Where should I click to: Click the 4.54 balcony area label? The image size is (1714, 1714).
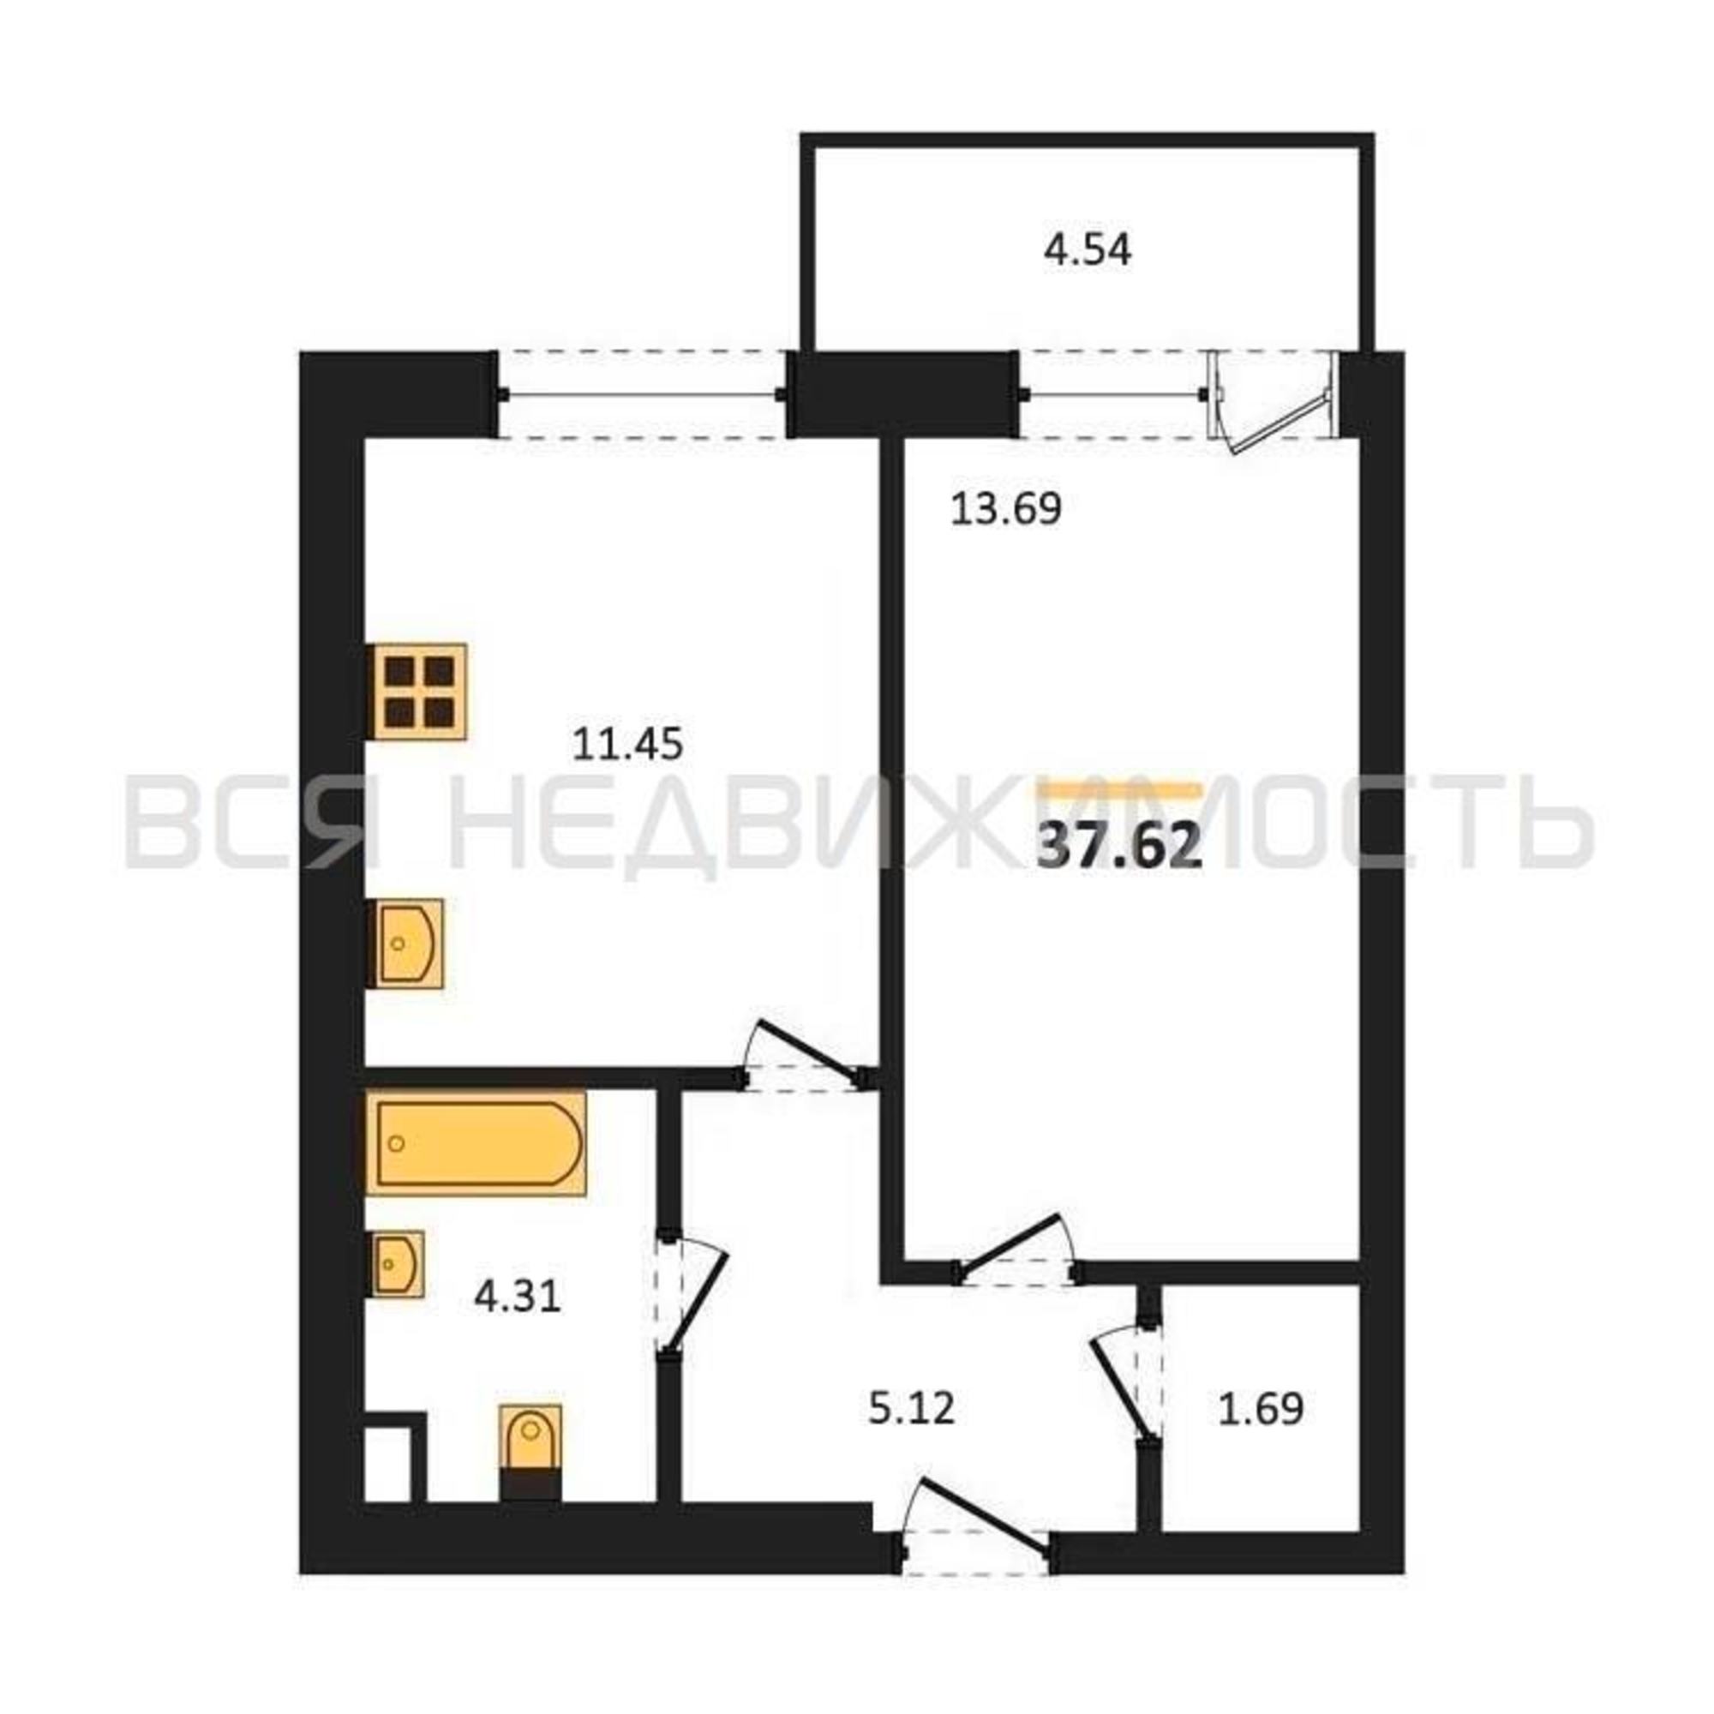pyautogui.click(x=1087, y=250)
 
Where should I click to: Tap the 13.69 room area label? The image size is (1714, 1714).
pyautogui.click(x=1006, y=509)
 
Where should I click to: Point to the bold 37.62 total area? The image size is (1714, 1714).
pyautogui.click(x=1119, y=847)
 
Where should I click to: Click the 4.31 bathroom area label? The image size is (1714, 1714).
pyautogui.click(x=518, y=1297)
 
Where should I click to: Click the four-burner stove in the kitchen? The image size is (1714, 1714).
pyautogui.click(x=417, y=691)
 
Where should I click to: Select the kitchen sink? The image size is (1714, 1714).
pyautogui.click(x=405, y=944)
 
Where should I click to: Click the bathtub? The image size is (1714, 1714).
pyautogui.click(x=476, y=1143)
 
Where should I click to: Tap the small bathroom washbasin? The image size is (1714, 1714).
pyautogui.click(x=396, y=1263)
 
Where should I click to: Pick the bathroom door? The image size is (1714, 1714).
pyautogui.click(x=690, y=1294)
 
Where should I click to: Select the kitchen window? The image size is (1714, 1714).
pyautogui.click(x=640, y=394)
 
